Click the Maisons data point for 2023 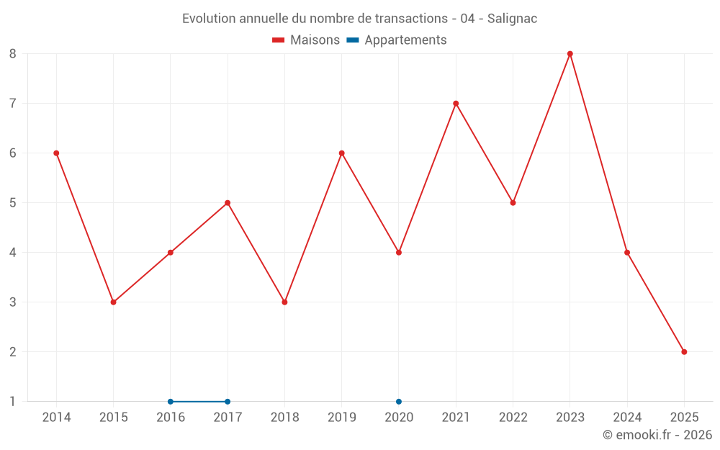[570, 54]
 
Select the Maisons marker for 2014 [56, 153]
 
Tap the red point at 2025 [684, 352]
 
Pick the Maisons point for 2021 [456, 104]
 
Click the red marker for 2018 [284, 302]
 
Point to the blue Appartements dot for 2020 [399, 402]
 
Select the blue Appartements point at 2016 [171, 402]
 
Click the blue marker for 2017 [228, 402]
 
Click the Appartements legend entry [405, 40]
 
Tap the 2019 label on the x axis [341, 418]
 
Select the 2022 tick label [513, 418]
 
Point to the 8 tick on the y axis [13, 54]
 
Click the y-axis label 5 [13, 203]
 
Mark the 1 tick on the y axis [13, 402]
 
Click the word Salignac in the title [512, 19]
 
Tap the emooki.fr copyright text [657, 435]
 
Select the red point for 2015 [113, 302]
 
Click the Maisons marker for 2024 [627, 253]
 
